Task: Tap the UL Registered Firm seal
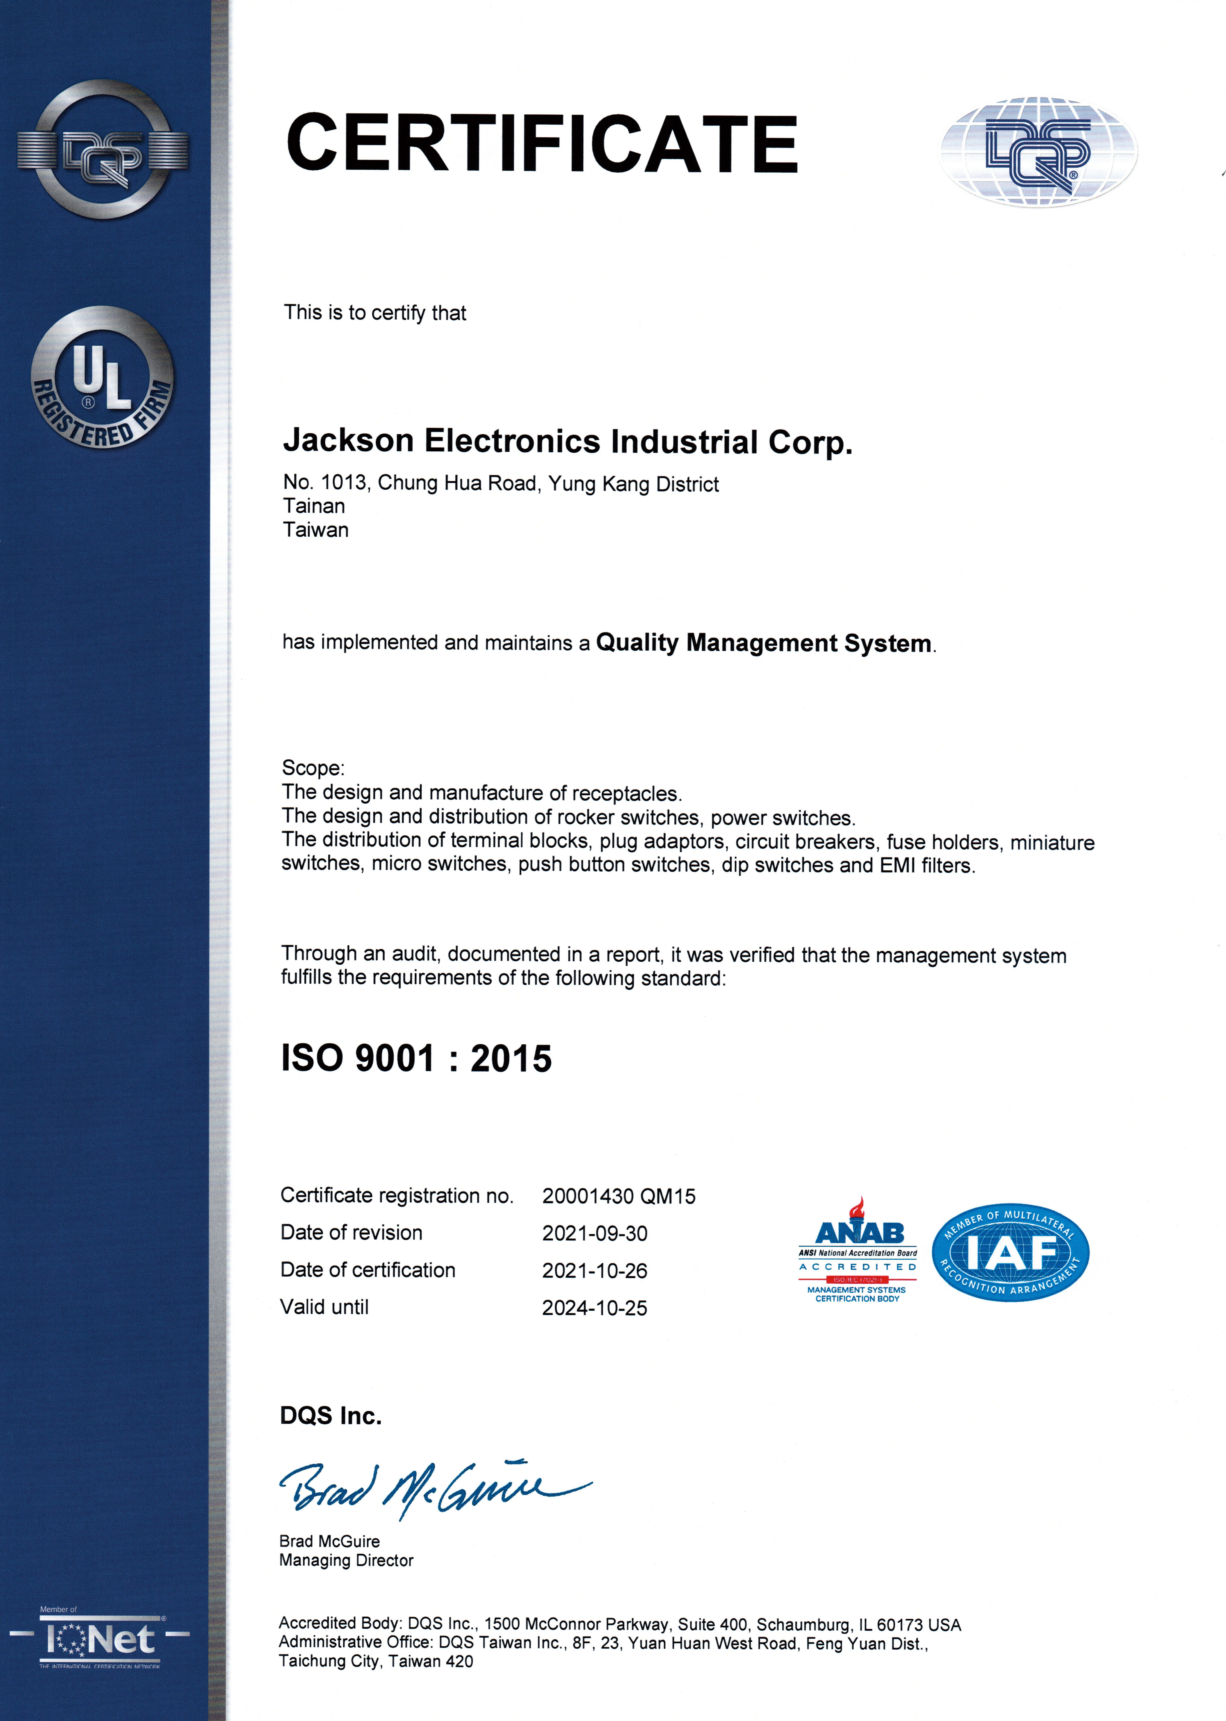click(x=103, y=377)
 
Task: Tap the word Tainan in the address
click(x=314, y=506)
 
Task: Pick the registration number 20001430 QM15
click(x=618, y=1196)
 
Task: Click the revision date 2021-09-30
click(x=594, y=1233)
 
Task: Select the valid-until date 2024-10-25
click(x=594, y=1308)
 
